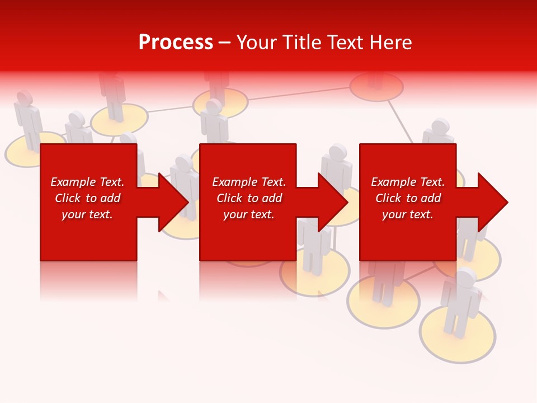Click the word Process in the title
(176, 43)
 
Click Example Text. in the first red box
(87, 182)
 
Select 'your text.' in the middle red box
(248, 214)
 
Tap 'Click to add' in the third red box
(408, 198)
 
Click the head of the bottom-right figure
(465, 277)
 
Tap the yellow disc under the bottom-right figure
(458, 336)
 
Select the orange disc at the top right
(376, 87)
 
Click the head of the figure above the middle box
(213, 107)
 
